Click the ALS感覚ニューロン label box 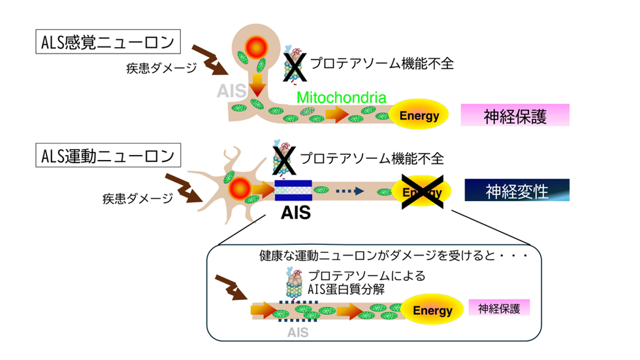click(x=108, y=42)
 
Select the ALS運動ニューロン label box click(x=108, y=155)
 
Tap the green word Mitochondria click(x=341, y=97)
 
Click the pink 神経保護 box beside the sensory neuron click(x=515, y=115)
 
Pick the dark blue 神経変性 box click(x=517, y=190)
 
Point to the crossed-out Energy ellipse click(x=422, y=192)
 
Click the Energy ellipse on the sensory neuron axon click(x=419, y=115)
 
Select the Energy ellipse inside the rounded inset click(x=432, y=310)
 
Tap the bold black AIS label click(x=296, y=212)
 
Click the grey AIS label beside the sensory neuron click(x=231, y=91)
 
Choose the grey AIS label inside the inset click(x=298, y=333)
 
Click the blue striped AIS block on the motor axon click(x=293, y=191)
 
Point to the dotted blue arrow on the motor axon click(x=350, y=191)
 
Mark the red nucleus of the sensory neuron click(x=256, y=48)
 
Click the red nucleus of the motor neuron click(x=240, y=189)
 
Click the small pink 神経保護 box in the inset click(x=499, y=308)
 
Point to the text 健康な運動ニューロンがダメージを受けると click(x=377, y=256)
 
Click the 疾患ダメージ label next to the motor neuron click(x=138, y=199)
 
